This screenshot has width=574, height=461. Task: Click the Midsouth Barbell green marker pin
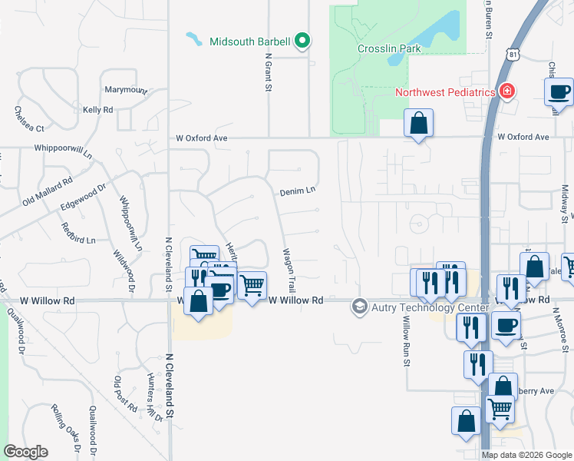click(x=302, y=41)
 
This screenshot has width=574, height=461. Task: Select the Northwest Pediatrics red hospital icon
click(x=506, y=92)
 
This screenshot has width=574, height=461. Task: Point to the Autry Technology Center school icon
click(x=358, y=307)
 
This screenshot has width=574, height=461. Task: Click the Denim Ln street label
click(x=298, y=190)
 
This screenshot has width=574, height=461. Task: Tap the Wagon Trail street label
click(x=289, y=269)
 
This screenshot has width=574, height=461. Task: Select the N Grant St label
click(x=269, y=72)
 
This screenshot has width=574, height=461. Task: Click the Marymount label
click(x=126, y=90)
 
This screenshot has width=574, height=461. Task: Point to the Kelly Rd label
click(x=97, y=110)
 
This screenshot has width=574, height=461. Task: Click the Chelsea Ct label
click(x=29, y=118)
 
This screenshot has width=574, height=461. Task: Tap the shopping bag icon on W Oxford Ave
click(x=418, y=123)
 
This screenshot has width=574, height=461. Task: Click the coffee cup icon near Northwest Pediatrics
click(x=559, y=92)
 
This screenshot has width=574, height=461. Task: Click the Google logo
click(x=26, y=452)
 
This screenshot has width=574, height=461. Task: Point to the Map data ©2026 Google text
click(x=526, y=455)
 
